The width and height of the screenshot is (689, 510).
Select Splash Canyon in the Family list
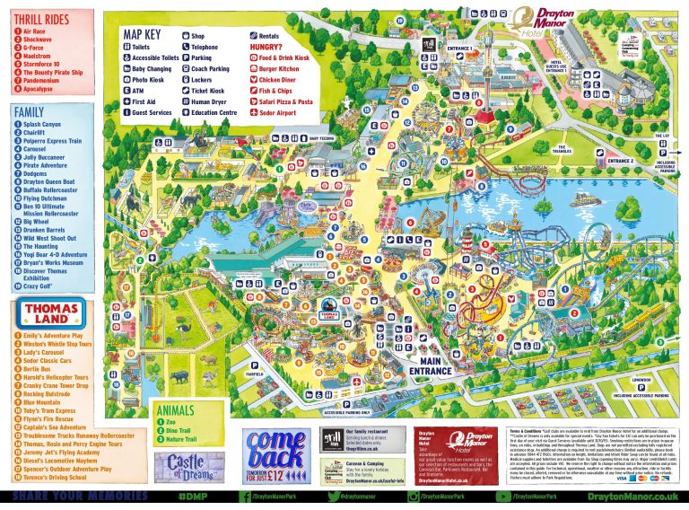43,125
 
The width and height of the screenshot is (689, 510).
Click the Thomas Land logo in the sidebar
46,312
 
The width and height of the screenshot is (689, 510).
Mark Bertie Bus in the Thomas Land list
39,368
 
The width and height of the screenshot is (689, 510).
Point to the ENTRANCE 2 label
618,161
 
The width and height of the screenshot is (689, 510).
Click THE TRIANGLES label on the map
562,149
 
